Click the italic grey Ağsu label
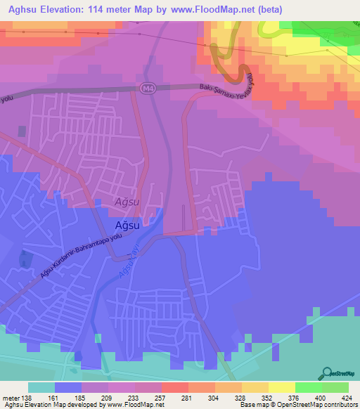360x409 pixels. coord(127,202)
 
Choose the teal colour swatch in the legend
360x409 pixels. coord(41,387)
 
